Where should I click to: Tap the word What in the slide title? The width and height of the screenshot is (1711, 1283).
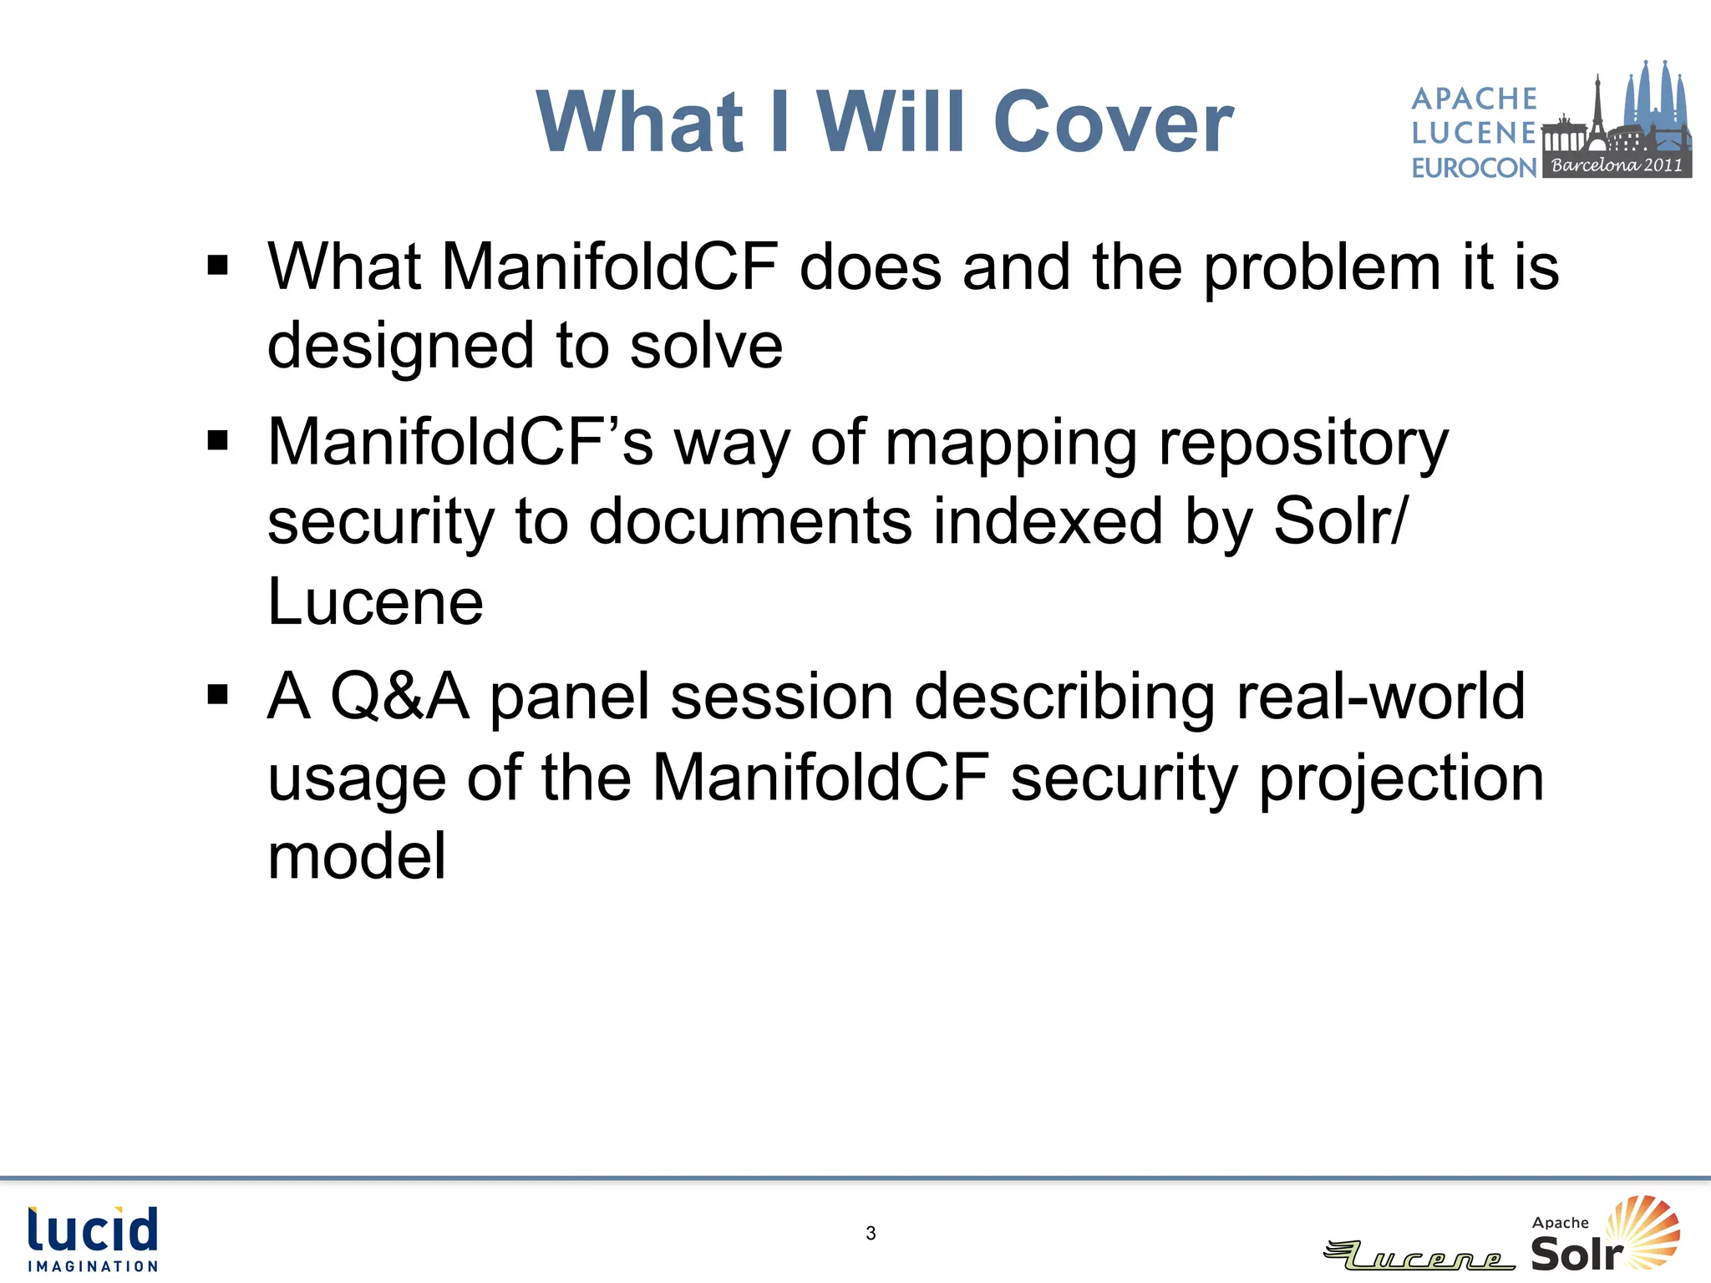pyautogui.click(x=640, y=123)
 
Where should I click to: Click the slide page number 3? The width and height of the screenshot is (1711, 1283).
pyautogui.click(x=871, y=1233)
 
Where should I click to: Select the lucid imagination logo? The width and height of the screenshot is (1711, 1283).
pyautogui.click(x=93, y=1239)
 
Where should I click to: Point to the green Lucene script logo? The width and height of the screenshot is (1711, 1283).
pyautogui.click(x=1420, y=1255)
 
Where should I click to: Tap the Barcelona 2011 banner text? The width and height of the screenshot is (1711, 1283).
pyautogui.click(x=1617, y=165)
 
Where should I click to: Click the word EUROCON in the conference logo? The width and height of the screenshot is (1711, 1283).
pyautogui.click(x=1474, y=168)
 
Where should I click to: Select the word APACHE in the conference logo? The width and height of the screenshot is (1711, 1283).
pyautogui.click(x=1474, y=99)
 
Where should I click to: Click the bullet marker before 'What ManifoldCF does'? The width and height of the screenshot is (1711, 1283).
pyautogui.click(x=218, y=266)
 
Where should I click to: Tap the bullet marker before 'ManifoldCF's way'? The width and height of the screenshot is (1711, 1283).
pyautogui.click(x=218, y=440)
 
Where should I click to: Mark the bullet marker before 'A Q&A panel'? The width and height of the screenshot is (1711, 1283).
pyautogui.click(x=218, y=695)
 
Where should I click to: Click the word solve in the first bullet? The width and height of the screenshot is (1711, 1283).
pyautogui.click(x=706, y=346)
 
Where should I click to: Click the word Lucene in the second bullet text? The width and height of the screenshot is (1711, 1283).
pyautogui.click(x=375, y=601)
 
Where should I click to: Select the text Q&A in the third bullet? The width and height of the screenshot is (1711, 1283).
pyautogui.click(x=399, y=696)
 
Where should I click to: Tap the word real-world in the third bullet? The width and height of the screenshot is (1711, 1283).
pyautogui.click(x=1380, y=696)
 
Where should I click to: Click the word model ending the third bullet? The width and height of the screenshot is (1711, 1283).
pyautogui.click(x=357, y=856)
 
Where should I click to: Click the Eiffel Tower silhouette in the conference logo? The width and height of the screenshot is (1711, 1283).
pyautogui.click(x=1597, y=109)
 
